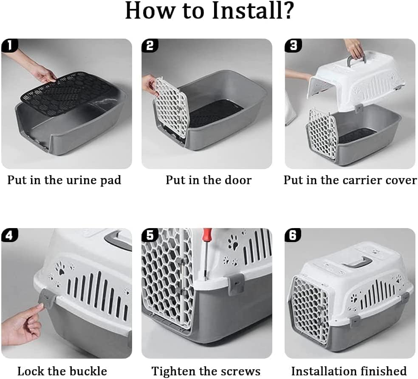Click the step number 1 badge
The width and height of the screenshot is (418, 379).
coord(10,45)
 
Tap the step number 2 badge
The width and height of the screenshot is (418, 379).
coord(150,45)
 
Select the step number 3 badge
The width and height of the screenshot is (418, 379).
coord(293,45)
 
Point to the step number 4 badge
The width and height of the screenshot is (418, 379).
coord(10,235)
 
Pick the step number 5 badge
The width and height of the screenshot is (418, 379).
coord(150,235)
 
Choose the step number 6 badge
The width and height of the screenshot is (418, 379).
coord(293,235)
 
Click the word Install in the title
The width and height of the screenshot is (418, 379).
coord(253,11)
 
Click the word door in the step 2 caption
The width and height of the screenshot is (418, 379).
coord(238,180)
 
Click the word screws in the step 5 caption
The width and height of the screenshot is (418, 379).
coord(240,371)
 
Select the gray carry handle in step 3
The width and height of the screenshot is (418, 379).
coord(356,59)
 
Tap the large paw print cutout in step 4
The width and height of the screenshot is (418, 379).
coord(60,268)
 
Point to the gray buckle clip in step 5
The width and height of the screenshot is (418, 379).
coord(236,284)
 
